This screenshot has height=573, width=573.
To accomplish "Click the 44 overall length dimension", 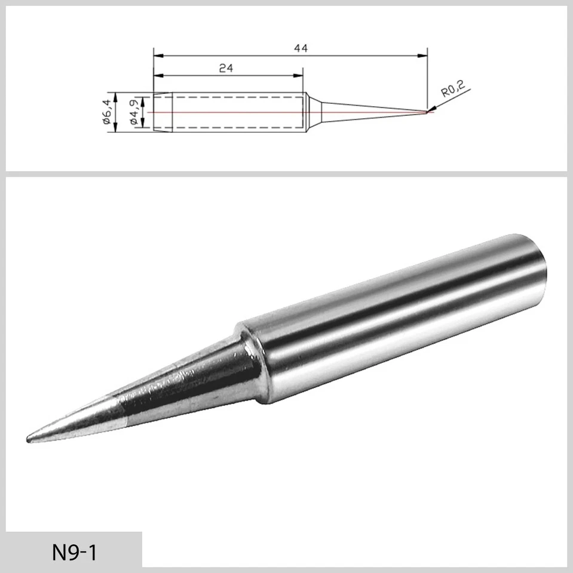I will (x=301, y=49).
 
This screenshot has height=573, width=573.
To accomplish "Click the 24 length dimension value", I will (x=225, y=69).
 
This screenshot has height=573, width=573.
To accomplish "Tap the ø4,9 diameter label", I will (x=134, y=112).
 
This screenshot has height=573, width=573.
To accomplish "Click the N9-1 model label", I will (x=73, y=552).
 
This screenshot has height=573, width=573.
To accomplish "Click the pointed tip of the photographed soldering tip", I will (x=29, y=440).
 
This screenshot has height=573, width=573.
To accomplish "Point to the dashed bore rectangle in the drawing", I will (x=233, y=112).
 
